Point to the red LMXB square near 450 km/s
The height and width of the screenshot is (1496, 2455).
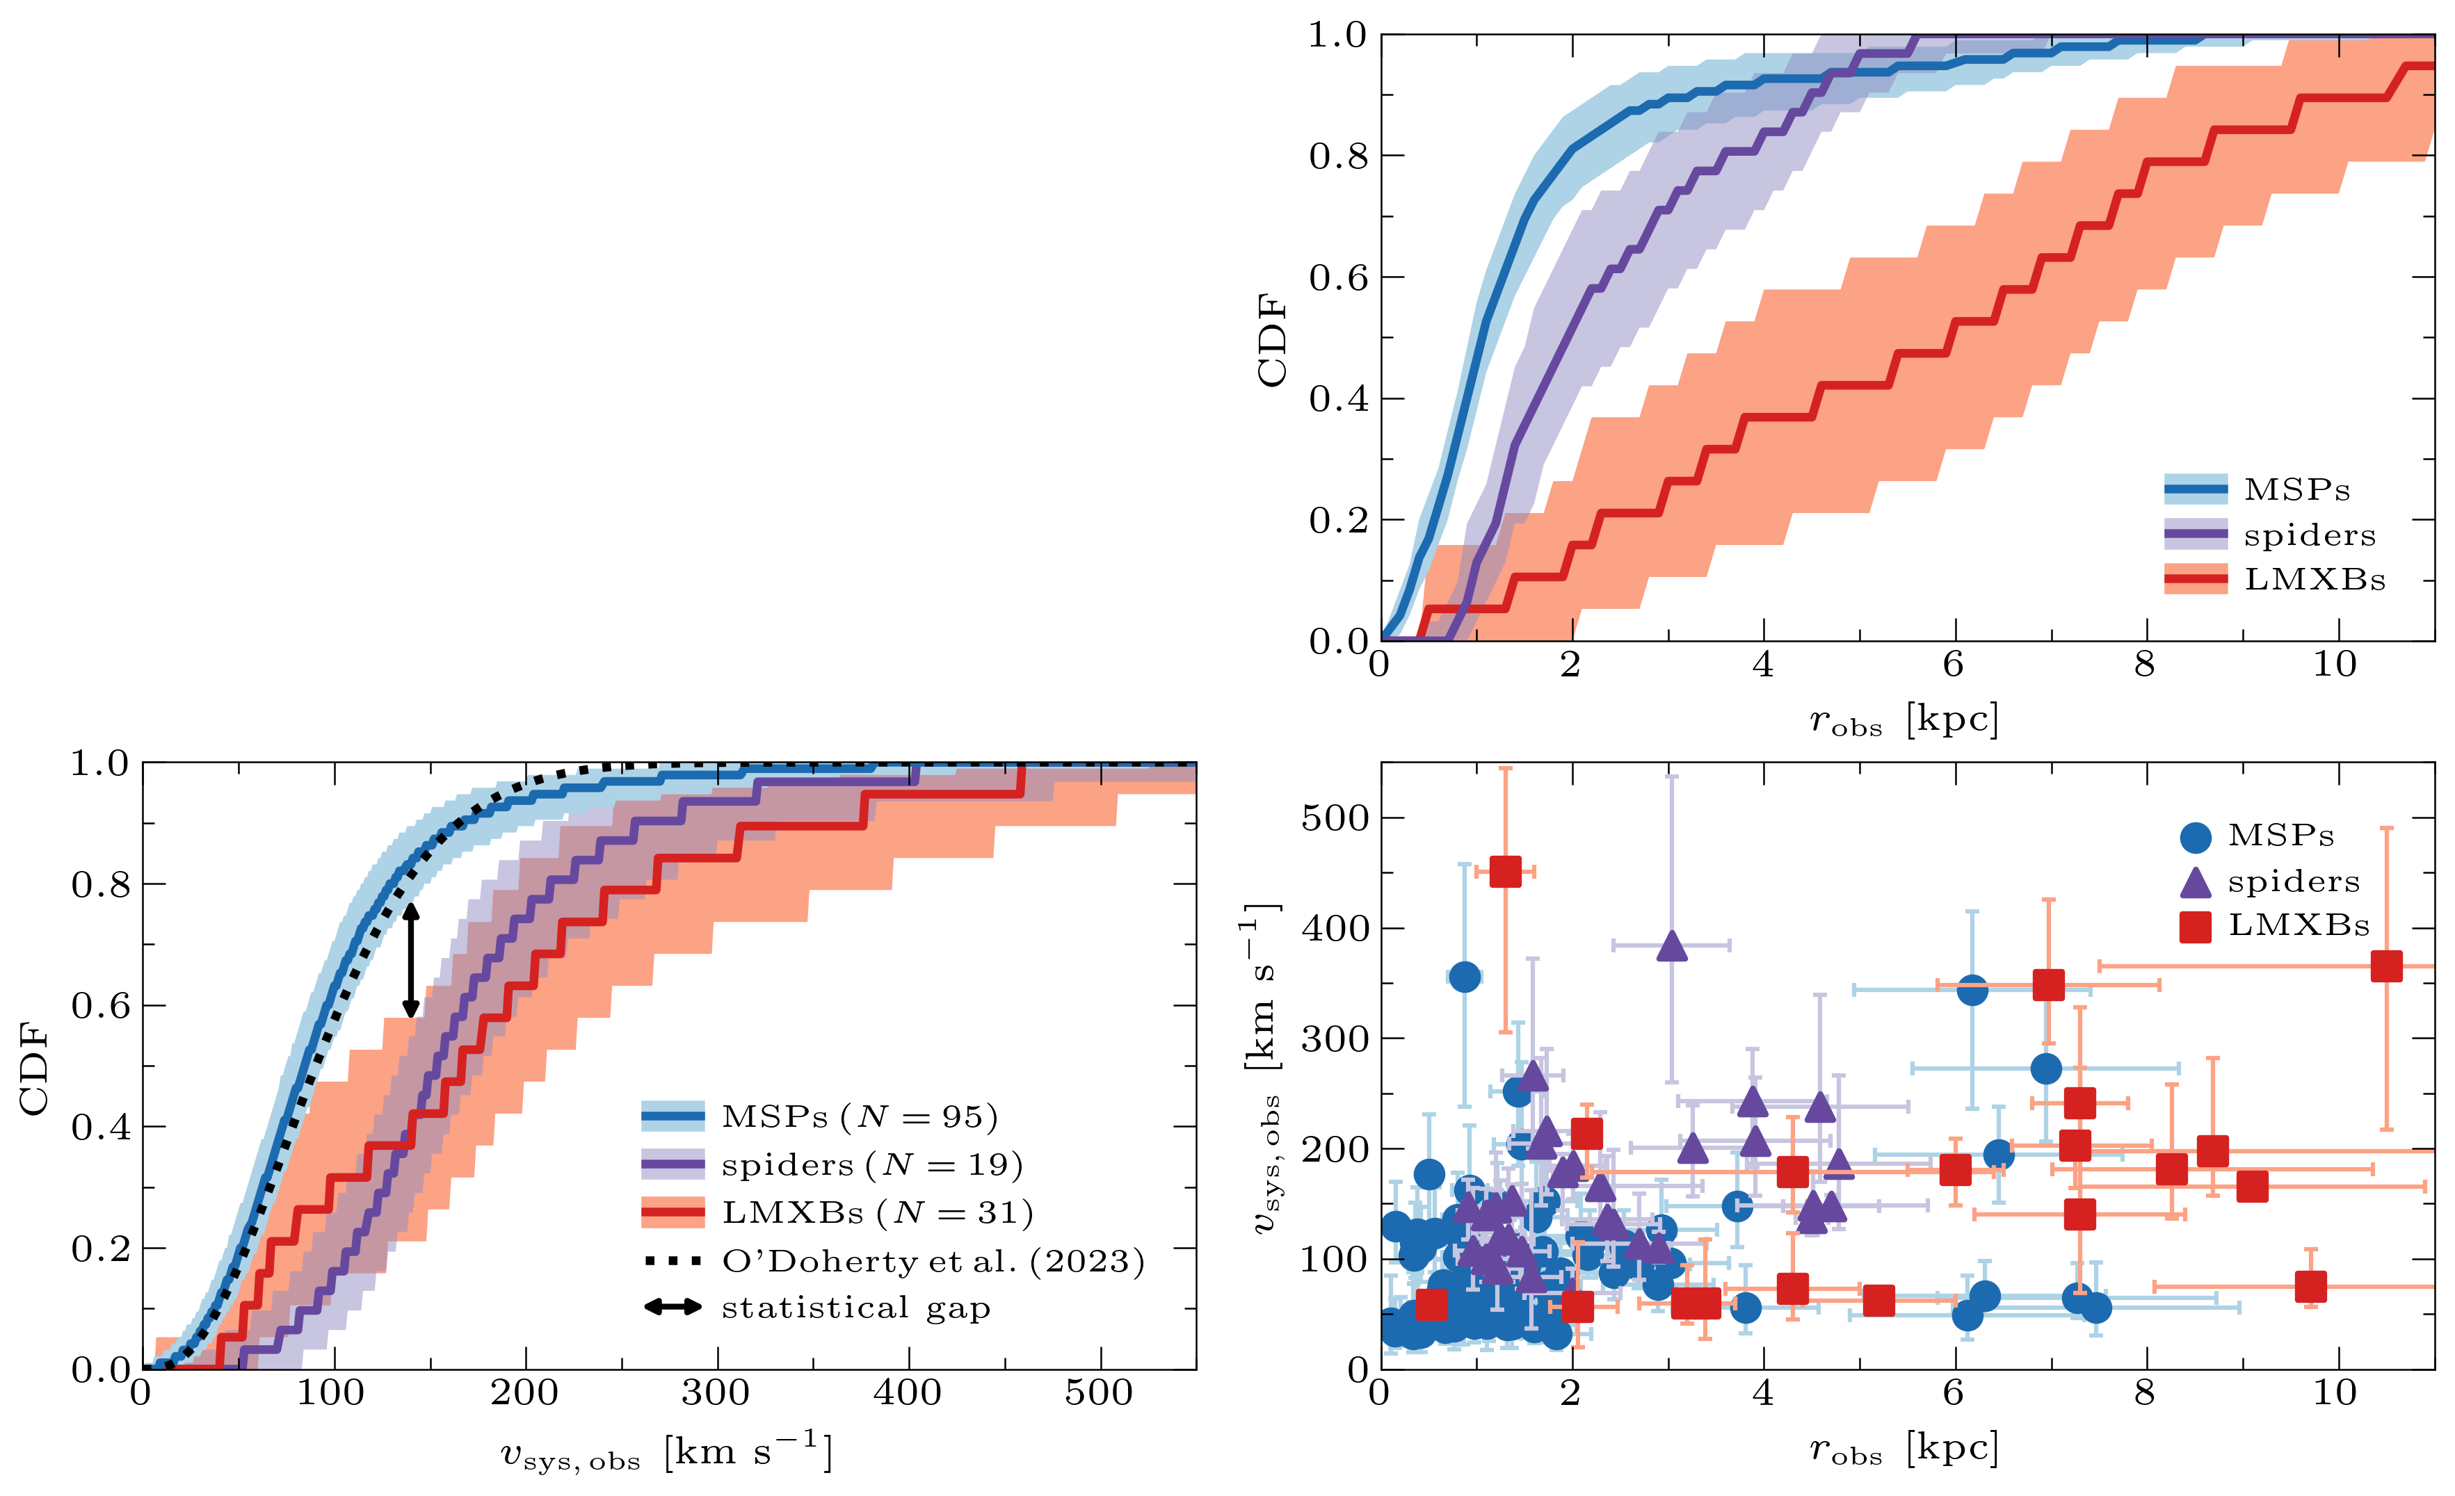(1504, 872)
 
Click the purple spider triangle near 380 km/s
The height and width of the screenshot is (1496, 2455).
(1672, 948)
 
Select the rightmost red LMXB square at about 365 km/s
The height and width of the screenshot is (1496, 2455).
(2386, 966)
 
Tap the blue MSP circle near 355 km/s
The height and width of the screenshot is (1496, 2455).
(1465, 977)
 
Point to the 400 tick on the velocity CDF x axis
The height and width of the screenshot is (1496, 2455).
(907, 1392)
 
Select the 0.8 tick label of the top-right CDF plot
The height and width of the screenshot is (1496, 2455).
(1337, 156)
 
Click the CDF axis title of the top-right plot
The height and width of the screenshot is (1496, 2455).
(1272, 339)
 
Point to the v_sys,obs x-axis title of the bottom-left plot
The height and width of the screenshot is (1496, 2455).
(666, 1453)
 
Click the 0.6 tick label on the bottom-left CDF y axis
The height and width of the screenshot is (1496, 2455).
(99, 1006)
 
